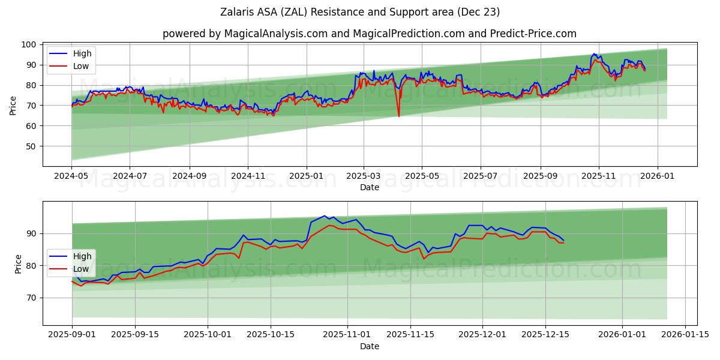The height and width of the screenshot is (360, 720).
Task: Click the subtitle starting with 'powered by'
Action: [369, 34]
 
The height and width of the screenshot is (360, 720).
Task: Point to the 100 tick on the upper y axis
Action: [29, 45]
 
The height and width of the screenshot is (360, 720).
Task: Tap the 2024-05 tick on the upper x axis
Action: [72, 176]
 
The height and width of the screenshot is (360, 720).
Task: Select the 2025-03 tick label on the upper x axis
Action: [364, 176]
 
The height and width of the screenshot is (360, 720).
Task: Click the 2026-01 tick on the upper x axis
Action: [657, 176]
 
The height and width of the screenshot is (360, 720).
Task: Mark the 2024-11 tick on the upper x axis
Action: [248, 176]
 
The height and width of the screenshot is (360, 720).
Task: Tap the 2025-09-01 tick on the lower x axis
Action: [72, 335]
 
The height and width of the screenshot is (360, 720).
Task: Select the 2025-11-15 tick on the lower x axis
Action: [410, 335]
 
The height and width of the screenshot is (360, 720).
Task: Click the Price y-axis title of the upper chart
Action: [13, 105]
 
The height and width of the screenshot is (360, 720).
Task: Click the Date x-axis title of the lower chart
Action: [369, 346]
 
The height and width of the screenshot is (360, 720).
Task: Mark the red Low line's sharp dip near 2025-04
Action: [398, 116]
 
